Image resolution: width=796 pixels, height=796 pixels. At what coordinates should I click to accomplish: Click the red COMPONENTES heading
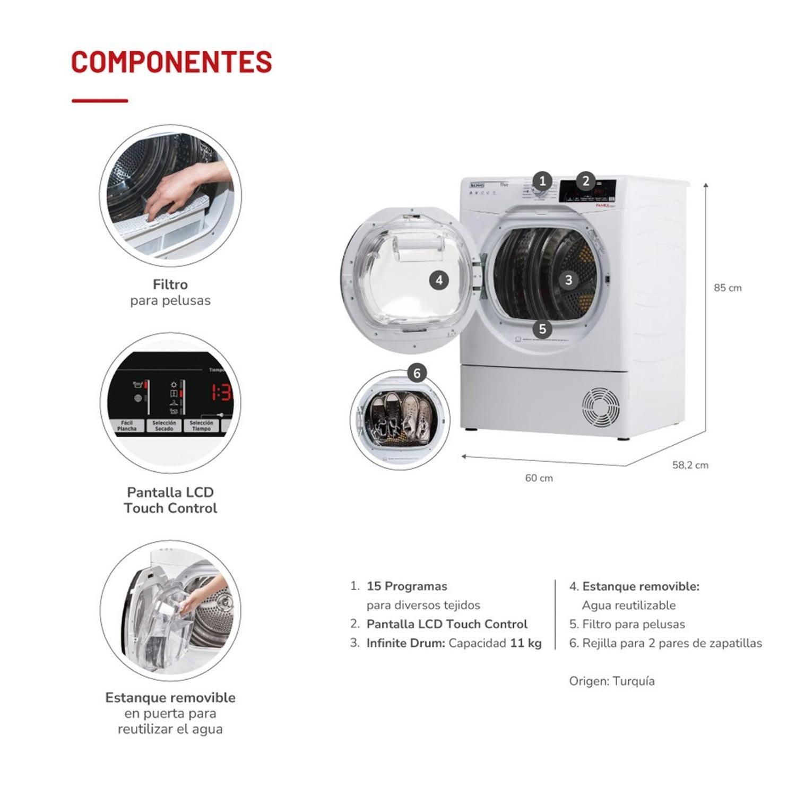tap(171, 62)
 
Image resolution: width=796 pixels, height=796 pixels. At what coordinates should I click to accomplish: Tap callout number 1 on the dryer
tap(542, 181)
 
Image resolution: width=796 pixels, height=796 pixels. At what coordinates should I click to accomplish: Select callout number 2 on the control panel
tap(585, 181)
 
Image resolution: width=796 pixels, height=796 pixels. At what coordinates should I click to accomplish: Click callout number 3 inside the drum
tap(568, 280)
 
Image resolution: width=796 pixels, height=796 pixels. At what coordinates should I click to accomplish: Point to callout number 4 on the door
tap(438, 280)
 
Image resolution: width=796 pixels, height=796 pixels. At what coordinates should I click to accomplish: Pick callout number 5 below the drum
tap(542, 329)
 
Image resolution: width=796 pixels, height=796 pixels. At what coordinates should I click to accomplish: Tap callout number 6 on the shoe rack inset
tap(417, 373)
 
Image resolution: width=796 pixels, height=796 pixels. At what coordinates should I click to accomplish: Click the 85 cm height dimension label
tap(727, 288)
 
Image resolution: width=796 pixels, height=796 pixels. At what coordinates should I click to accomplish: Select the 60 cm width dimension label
tap(539, 478)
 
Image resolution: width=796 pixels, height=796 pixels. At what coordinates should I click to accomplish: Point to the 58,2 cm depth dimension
tap(690, 465)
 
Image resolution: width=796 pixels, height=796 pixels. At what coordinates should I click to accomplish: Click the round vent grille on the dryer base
tap(600, 408)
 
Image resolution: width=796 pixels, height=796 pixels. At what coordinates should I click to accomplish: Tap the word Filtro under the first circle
tap(170, 284)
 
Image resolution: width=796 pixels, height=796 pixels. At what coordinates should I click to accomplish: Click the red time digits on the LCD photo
tap(222, 393)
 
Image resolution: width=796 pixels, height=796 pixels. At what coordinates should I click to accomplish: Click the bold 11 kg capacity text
tap(525, 643)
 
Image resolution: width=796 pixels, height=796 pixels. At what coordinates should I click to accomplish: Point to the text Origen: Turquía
tap(611, 681)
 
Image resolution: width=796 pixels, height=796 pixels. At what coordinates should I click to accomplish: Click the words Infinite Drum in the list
tap(405, 643)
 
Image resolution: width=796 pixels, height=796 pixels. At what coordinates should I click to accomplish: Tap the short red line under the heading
tap(100, 100)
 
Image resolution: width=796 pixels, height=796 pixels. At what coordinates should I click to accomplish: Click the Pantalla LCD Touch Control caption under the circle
tap(170, 500)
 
